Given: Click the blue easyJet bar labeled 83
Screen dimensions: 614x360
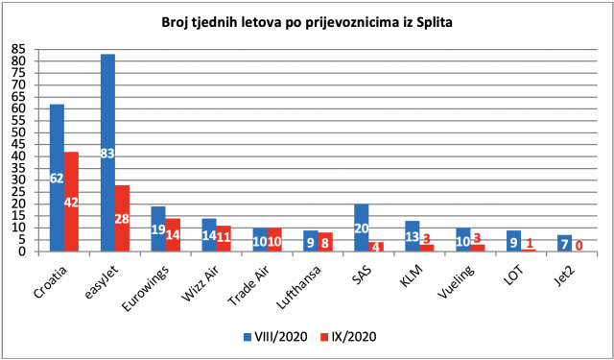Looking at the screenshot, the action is tap(107, 153).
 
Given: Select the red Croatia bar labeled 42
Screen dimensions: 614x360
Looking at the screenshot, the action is tap(71, 202).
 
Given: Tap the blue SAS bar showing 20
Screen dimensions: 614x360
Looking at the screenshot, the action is tap(361, 228).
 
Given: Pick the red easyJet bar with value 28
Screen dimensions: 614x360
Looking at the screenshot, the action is tap(122, 219).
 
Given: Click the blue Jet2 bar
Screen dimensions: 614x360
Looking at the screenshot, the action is tap(564, 243).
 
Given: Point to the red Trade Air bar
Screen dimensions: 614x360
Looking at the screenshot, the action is tap(274, 240).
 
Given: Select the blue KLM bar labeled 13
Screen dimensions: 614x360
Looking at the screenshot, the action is tap(412, 236).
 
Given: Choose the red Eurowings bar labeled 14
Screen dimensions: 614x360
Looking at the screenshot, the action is tap(173, 235).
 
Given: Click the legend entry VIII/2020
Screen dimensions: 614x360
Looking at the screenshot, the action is tap(274, 337).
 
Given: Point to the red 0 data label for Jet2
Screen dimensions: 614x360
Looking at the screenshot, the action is tap(579, 246).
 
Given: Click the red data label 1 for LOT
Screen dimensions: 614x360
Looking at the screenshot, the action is tap(529, 243).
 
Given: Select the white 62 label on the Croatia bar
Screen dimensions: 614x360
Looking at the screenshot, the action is tap(57, 179).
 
